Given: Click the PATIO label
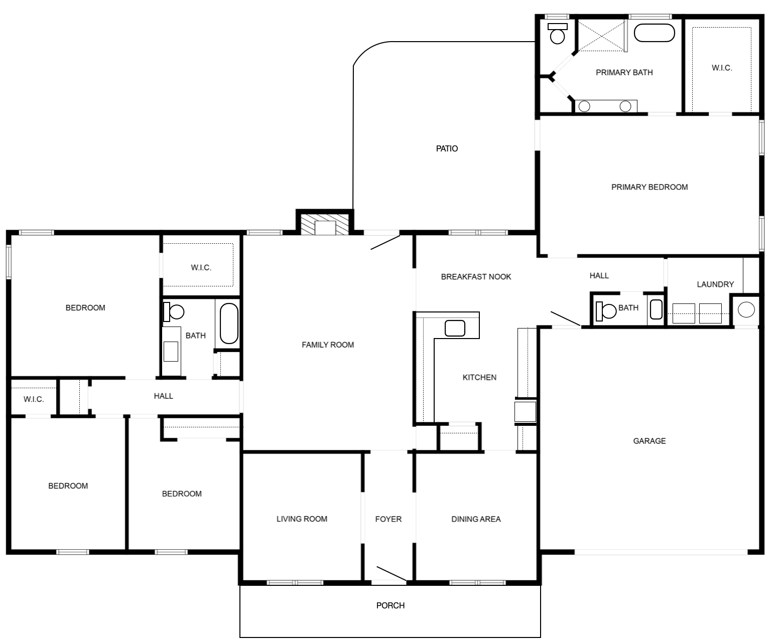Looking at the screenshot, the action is (x=447, y=148).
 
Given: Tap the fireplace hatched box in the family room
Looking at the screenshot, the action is (x=325, y=224).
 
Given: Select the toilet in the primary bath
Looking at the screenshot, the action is (x=557, y=34).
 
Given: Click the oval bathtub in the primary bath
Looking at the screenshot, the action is (x=654, y=33).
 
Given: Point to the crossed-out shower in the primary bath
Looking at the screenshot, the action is (x=601, y=36).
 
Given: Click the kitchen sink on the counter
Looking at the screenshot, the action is (x=455, y=328).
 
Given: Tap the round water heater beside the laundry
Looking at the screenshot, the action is (x=746, y=310).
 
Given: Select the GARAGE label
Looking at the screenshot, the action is (x=649, y=441).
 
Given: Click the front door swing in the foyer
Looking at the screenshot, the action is (x=392, y=574).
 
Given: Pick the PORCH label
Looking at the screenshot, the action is (x=391, y=605).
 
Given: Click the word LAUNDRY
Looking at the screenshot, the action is (x=715, y=284).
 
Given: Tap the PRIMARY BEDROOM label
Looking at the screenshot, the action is (x=649, y=187).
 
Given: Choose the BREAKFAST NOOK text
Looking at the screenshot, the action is (x=476, y=277).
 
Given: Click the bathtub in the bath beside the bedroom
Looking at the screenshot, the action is (x=229, y=324).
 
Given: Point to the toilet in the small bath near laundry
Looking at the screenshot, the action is (x=605, y=311).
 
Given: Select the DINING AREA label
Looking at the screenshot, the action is (x=476, y=519).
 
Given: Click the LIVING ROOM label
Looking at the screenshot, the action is (x=302, y=519).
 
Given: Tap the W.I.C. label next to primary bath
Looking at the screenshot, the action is (x=722, y=68).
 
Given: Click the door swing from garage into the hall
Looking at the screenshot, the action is (x=566, y=318).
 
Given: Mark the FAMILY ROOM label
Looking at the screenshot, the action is (x=328, y=345).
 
